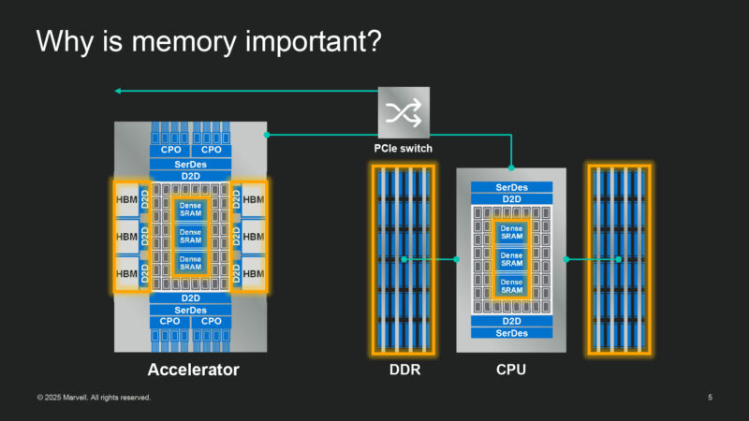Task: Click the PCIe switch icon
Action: click(404, 112)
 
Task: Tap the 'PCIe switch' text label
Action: click(404, 148)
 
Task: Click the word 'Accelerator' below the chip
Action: click(193, 370)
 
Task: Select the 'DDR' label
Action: click(404, 370)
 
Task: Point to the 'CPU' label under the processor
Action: click(510, 370)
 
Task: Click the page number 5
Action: click(710, 398)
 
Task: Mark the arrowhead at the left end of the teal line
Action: click(118, 91)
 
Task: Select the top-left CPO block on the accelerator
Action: click(170, 150)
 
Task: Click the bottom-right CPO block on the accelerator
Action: click(212, 321)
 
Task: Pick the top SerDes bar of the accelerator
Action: click(191, 164)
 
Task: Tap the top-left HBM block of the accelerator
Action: click(125, 199)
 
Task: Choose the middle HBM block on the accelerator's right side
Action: click(254, 236)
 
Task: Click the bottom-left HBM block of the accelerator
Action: click(125, 273)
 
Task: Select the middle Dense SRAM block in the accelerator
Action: click(191, 236)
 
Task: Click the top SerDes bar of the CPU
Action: click(511, 187)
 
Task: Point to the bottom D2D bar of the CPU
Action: click(511, 321)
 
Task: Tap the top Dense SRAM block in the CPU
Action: click(511, 233)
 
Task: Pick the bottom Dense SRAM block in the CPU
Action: click(511, 285)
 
